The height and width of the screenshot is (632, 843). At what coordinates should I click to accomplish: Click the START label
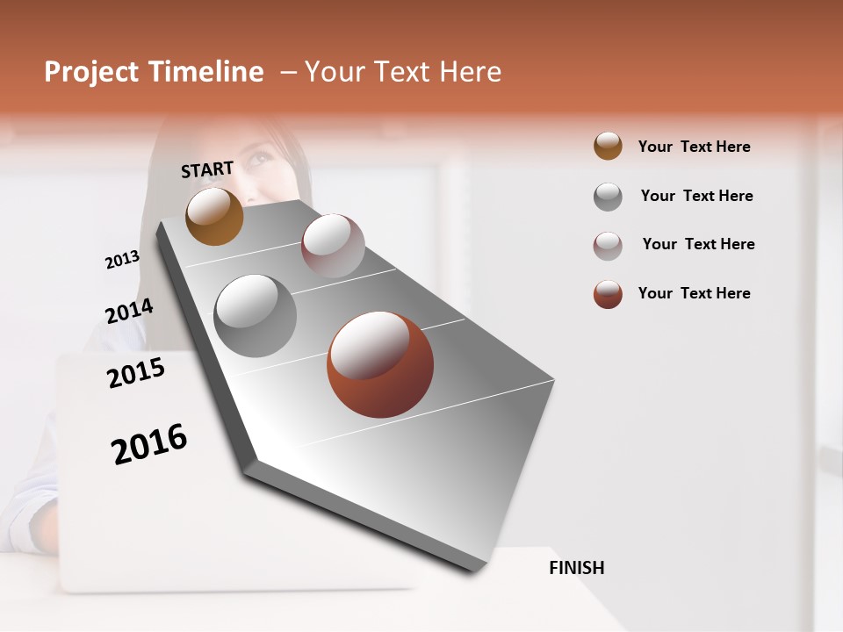[x=207, y=169]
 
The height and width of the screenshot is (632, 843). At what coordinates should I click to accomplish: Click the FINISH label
[x=576, y=568]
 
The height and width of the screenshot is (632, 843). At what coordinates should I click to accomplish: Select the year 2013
[x=122, y=260]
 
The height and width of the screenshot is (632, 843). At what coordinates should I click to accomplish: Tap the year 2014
[x=129, y=312]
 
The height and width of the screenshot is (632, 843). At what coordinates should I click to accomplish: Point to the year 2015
[x=136, y=373]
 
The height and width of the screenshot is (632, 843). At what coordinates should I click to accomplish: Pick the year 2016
[x=149, y=444]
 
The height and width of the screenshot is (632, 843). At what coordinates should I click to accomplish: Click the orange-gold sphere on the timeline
[x=214, y=216]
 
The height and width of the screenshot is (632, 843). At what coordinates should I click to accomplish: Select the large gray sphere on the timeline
[x=255, y=316]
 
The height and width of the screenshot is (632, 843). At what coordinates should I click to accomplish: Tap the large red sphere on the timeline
[x=380, y=364]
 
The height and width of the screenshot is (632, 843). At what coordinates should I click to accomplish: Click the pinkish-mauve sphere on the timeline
[x=333, y=246]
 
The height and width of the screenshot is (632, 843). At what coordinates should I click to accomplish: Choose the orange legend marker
[x=608, y=147]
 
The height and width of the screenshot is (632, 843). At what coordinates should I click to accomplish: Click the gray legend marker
[x=608, y=197]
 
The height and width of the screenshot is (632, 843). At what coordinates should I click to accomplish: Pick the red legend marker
[x=608, y=294]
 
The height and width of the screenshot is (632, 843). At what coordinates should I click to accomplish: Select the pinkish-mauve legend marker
[x=608, y=246]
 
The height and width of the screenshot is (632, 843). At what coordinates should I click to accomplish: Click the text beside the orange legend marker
[x=694, y=147]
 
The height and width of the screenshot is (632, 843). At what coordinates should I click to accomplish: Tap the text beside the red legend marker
[x=694, y=293]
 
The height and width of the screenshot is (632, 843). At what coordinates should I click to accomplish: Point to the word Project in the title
[x=91, y=72]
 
